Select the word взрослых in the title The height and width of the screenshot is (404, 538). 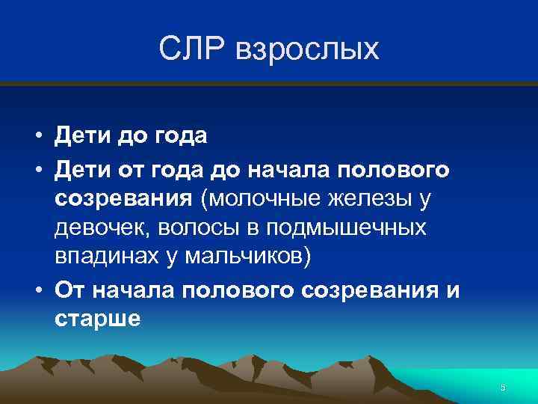click(307, 52)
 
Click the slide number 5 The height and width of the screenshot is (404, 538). click(503, 387)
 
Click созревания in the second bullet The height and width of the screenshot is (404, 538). click(123, 200)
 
